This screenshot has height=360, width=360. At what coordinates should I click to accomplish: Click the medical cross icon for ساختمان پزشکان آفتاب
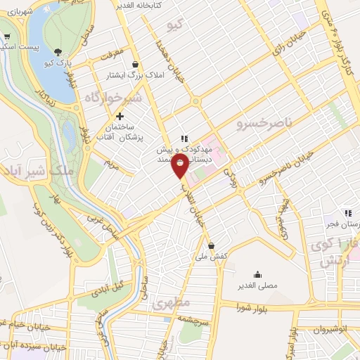click(120, 116)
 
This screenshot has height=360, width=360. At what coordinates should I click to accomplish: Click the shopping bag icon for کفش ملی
click(211, 245)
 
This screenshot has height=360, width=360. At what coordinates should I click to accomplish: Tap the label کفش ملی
click(212, 257)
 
